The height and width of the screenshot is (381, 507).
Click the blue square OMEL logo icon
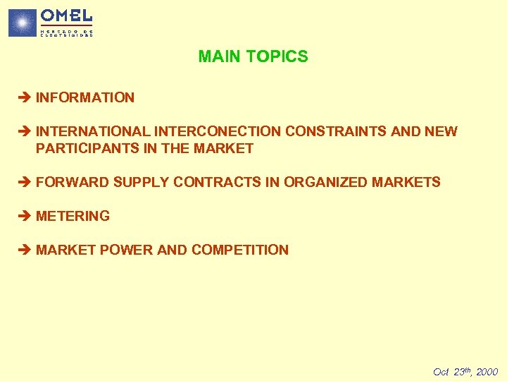coord(22,23)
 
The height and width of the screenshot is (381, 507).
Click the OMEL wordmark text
coord(66,16)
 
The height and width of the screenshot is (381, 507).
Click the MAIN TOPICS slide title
coord(253,56)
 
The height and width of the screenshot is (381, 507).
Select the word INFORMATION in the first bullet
coord(84,97)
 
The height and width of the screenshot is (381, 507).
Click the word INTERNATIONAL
coord(92,131)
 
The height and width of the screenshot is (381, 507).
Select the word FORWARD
coord(73,182)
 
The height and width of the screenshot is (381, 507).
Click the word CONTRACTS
coord(217,182)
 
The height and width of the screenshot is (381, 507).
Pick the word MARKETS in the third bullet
coord(406,182)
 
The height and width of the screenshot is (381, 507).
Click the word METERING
coord(73,216)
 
